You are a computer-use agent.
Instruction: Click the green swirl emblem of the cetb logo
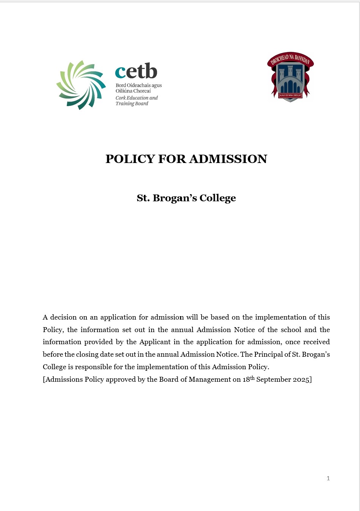coord(81,85)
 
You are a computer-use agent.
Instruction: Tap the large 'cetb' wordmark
coord(136,71)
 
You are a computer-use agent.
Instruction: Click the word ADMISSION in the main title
coord(228,159)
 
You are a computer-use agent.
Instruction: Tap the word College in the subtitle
coord(218,198)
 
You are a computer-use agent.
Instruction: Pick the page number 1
coord(328,478)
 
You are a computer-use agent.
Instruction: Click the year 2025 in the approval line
coord(301,379)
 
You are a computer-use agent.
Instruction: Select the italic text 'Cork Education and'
coord(136,98)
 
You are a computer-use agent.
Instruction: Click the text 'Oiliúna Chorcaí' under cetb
coord(133,91)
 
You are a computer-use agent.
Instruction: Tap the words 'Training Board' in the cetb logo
coord(132,103)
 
